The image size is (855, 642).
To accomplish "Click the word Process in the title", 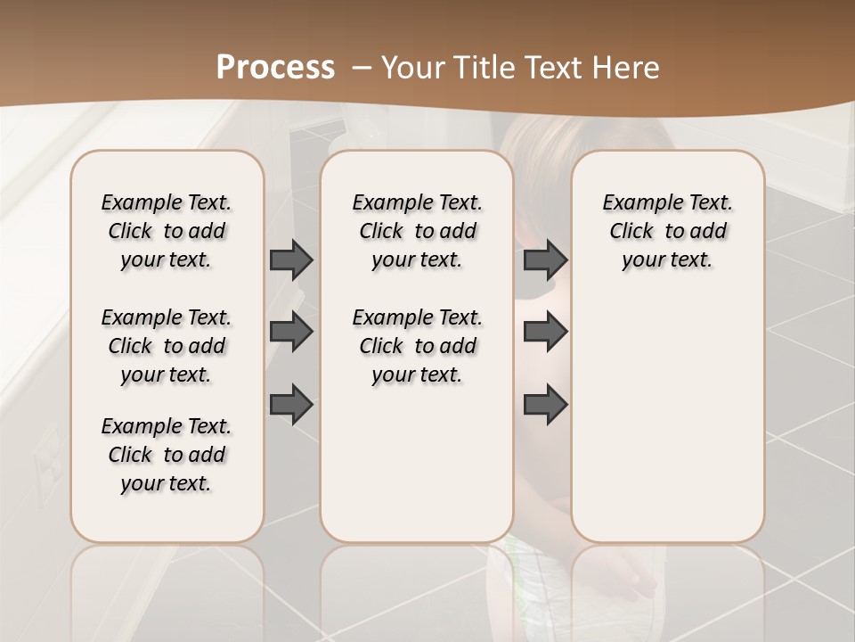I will pos(275,68).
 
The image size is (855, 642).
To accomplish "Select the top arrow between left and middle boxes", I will pos(291,259).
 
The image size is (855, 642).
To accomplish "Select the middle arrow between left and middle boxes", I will pos(291,332).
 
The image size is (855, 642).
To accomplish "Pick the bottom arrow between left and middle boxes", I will pos(291,405).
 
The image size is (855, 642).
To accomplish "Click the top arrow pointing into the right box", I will pos(545,259).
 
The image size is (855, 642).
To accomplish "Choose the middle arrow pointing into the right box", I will pos(545,332).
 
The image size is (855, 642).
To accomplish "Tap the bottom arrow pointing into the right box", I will pos(545,405).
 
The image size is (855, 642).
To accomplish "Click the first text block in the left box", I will pos(167,231).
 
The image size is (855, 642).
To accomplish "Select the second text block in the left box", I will pos(167,346).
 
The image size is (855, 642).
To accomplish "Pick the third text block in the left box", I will pos(167,455).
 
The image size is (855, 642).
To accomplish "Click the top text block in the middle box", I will pos(417,231).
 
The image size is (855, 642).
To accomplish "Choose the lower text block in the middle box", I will pos(417,346).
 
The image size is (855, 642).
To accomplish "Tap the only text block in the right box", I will pos(667,231).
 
